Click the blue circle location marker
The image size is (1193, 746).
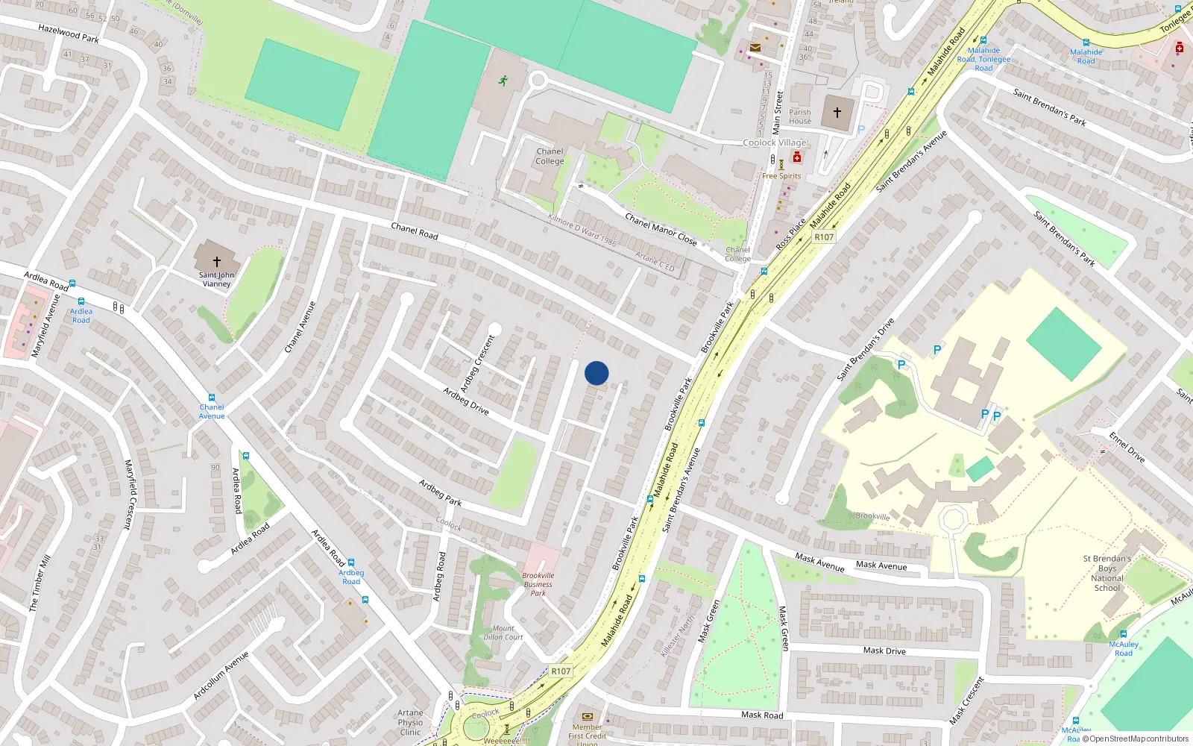(x=596, y=373)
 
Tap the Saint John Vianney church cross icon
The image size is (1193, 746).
(x=217, y=262)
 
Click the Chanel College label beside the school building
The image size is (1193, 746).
(x=550, y=156)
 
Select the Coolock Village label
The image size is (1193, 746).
(x=775, y=142)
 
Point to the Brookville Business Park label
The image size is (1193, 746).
(x=538, y=584)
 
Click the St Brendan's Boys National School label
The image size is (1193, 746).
(x=1107, y=573)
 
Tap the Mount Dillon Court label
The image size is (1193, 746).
(x=503, y=633)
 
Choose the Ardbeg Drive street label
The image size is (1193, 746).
(x=466, y=401)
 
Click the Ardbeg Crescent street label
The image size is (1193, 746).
(x=477, y=364)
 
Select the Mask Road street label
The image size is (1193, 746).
(x=762, y=715)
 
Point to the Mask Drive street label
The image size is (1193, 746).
(x=884, y=651)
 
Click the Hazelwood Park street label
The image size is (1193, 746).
(x=69, y=34)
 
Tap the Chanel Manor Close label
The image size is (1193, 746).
(x=661, y=230)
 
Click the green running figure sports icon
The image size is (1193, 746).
(x=503, y=81)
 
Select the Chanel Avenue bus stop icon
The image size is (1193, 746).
(x=212, y=398)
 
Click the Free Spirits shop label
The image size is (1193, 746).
(x=781, y=176)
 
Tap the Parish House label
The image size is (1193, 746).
(x=800, y=116)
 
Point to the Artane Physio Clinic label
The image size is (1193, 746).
(x=410, y=722)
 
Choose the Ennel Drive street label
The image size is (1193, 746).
(x=1127, y=446)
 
